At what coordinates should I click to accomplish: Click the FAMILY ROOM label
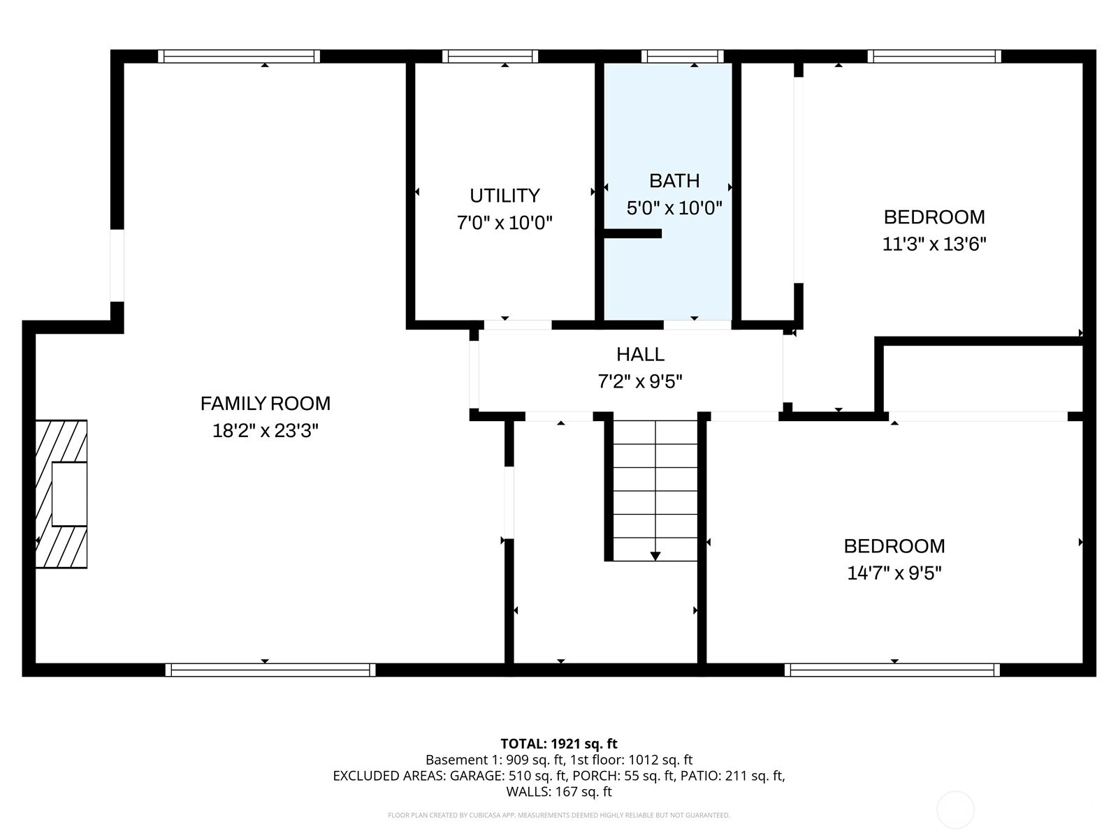coord(266,404)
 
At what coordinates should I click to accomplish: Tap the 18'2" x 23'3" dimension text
coord(266,431)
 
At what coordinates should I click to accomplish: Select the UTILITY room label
coord(504,196)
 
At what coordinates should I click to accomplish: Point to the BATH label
coord(674,181)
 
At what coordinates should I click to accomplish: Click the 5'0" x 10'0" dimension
coord(674,208)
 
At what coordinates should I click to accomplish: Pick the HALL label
coord(640,354)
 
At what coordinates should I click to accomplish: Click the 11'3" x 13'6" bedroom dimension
coord(934,244)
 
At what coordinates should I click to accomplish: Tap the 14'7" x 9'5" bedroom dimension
coord(894,573)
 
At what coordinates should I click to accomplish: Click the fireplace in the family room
coord(61,494)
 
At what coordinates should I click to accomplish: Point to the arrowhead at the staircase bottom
coord(655,556)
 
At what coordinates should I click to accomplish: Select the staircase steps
coord(655,490)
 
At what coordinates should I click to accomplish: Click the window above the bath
coord(683,56)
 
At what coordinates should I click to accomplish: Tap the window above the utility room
coord(490,56)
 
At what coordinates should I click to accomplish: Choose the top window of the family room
coord(239,56)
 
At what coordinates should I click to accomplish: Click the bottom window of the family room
coord(270,670)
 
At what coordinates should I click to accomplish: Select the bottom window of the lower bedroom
coord(892,670)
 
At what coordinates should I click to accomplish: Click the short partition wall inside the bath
coord(632,233)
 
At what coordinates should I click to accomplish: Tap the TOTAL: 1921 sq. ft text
coord(559,744)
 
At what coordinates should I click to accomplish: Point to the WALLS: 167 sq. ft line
coord(559,792)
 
